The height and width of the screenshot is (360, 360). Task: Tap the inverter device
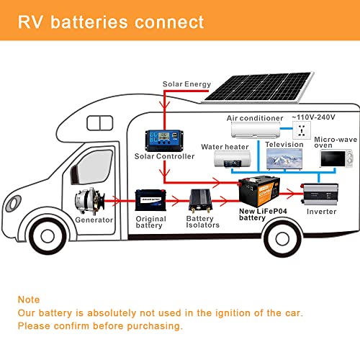point(322,193)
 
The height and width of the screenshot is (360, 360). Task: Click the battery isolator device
point(202,199)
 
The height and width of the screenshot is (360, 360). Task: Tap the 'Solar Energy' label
point(186,84)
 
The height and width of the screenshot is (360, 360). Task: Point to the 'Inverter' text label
point(321,212)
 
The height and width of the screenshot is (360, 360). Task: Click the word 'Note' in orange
point(29,299)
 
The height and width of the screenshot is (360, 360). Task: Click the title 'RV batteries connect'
point(111,22)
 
